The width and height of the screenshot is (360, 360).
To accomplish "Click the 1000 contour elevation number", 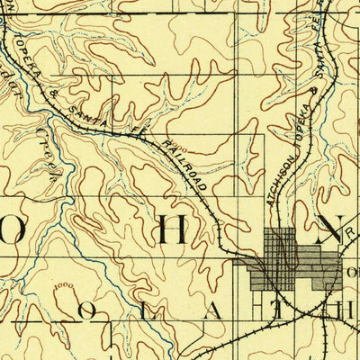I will (63, 287).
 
